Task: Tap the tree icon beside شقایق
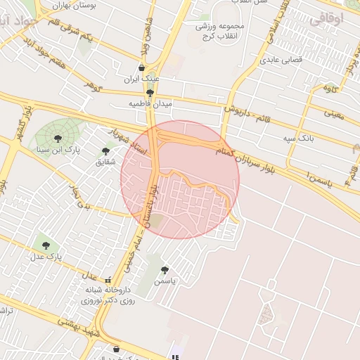click(x=106, y=150)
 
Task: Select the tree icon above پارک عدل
click(x=46, y=245)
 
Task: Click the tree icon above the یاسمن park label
click(x=165, y=269)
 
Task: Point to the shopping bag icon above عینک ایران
click(x=143, y=68)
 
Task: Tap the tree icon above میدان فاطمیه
click(x=150, y=92)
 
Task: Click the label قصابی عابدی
click(x=282, y=60)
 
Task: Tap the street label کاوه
click(x=330, y=89)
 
